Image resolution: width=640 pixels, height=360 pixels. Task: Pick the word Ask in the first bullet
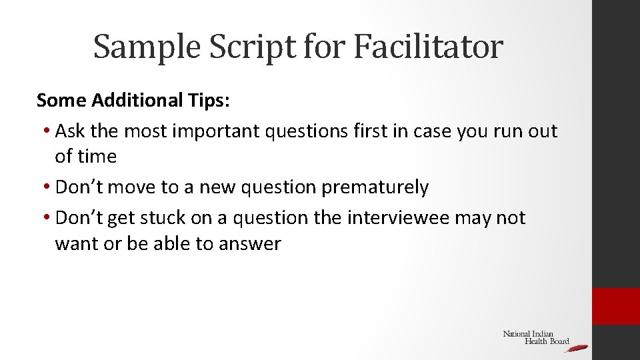pyautogui.click(x=69, y=131)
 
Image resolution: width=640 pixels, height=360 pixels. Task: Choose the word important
pyautogui.click(x=216, y=131)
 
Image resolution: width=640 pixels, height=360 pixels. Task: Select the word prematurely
pyautogui.click(x=375, y=187)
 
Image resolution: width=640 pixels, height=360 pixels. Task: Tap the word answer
pyautogui.click(x=249, y=244)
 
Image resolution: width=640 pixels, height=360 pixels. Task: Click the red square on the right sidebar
pyautogui.click(x=616, y=307)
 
